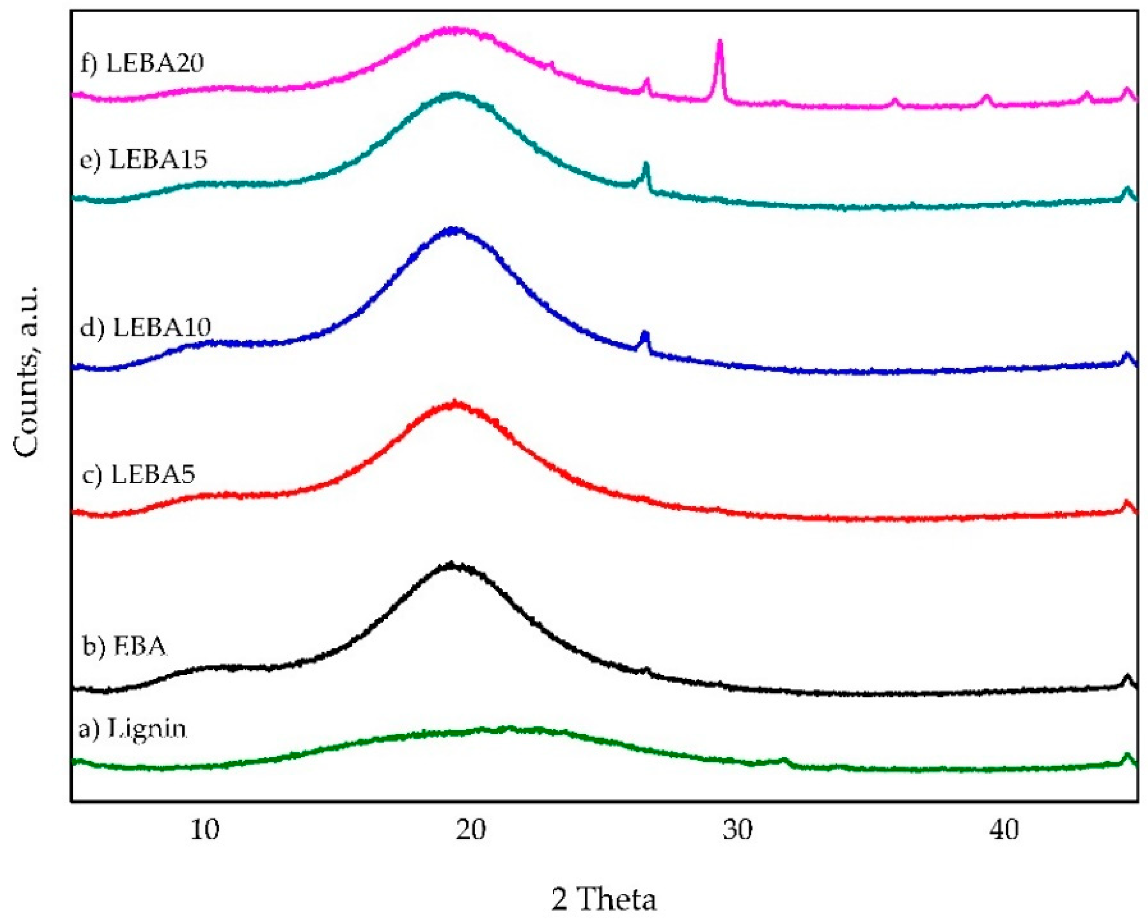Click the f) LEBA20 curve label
[142, 64]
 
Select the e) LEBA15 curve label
[143, 159]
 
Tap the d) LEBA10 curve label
[145, 327]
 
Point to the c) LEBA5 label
[139, 474]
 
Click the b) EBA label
[124, 646]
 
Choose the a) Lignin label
[132, 729]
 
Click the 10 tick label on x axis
[205, 830]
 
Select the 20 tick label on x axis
[471, 830]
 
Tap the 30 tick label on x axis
[737, 830]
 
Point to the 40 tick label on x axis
[1004, 830]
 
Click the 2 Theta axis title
[603, 899]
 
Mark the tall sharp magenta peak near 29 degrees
[719, 43]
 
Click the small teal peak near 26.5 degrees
[646, 166]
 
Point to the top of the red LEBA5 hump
[454, 403]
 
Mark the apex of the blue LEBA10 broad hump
[453, 230]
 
